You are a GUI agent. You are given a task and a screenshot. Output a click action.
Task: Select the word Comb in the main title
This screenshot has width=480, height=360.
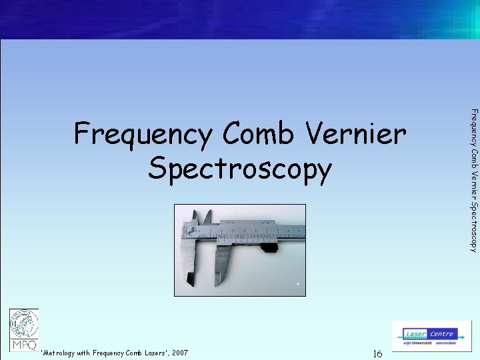(258, 135)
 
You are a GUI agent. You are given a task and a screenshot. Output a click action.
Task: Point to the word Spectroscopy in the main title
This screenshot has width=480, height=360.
(239, 169)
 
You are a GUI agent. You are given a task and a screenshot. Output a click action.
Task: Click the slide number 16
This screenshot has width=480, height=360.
(377, 353)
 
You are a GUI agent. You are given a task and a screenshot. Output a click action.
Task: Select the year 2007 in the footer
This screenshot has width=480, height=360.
(179, 353)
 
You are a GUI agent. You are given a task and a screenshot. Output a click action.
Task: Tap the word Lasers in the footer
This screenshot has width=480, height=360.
(155, 353)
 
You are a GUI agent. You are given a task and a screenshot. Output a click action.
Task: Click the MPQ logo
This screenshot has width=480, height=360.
(23, 329)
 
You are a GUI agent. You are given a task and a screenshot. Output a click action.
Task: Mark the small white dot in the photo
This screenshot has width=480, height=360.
(299, 283)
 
